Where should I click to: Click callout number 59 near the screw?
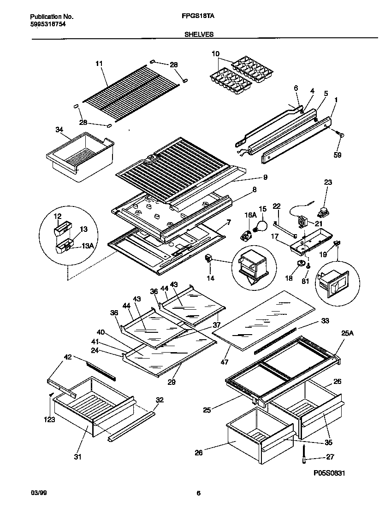(338, 155)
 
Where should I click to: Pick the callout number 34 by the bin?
(59, 130)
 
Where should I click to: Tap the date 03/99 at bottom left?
(38, 493)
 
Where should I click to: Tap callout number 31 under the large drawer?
(77, 457)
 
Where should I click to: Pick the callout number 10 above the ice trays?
(215, 54)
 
